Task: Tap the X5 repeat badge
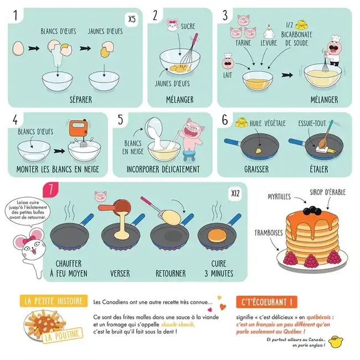tap(131, 19)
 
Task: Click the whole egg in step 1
tap(18, 49)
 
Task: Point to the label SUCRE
tap(188, 26)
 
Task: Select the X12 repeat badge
tap(235, 194)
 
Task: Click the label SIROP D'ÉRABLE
tap(327, 192)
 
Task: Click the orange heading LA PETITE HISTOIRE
tap(54, 301)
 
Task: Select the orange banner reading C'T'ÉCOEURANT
tap(266, 302)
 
